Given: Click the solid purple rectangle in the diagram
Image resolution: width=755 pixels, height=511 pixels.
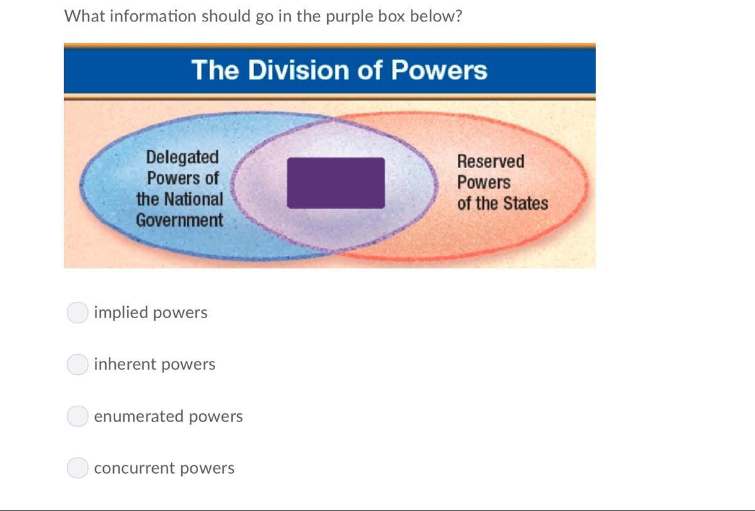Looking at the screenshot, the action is pyautogui.click(x=336, y=183).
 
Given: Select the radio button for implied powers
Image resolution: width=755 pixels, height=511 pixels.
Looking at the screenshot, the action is pyautogui.click(x=77, y=313).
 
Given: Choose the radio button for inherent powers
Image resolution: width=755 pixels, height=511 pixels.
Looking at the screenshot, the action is pyautogui.click(x=77, y=364).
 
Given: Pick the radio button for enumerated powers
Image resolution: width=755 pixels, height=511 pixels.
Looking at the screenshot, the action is pyautogui.click(x=77, y=416).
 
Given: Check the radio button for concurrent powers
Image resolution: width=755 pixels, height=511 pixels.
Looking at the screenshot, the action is pyautogui.click(x=77, y=468).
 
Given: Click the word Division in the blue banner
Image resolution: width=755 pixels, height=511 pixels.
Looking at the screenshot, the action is pyautogui.click(x=299, y=70).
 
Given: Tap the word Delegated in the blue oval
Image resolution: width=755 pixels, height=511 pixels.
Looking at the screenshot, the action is pyautogui.click(x=182, y=158).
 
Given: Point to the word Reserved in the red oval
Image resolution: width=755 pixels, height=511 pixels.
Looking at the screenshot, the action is pyautogui.click(x=491, y=161).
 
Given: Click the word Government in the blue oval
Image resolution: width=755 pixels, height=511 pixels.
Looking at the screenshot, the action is pyautogui.click(x=179, y=220).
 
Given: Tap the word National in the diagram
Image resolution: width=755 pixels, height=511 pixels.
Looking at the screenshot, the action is pyautogui.click(x=194, y=199).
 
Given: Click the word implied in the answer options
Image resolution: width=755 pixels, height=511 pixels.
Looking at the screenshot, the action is pyautogui.click(x=121, y=313).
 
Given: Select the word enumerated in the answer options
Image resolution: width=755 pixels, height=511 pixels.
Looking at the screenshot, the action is pyautogui.click(x=138, y=416).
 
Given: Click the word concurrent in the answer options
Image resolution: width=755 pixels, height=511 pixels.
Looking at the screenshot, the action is pyautogui.click(x=134, y=468).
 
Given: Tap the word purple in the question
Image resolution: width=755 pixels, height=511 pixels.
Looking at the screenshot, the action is pyautogui.click(x=349, y=17).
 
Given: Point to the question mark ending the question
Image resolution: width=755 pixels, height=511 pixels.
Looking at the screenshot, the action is pyautogui.click(x=458, y=16).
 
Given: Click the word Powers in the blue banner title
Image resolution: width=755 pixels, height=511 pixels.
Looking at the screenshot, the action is pyautogui.click(x=439, y=70).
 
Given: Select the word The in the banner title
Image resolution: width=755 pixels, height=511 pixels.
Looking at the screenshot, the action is pyautogui.click(x=215, y=70).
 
